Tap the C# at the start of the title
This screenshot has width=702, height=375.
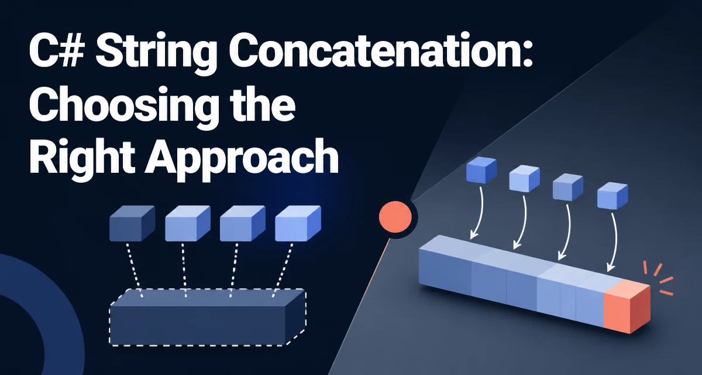click(57, 51)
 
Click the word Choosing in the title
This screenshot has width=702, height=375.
click(125, 107)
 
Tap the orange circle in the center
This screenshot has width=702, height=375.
click(395, 217)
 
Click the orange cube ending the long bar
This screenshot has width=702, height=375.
click(627, 306)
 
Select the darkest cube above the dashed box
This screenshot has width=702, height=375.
click(132, 223)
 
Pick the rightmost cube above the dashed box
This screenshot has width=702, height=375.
click(298, 223)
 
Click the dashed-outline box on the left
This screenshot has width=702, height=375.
click(208, 317)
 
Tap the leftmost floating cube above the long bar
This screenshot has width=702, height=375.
click(481, 170)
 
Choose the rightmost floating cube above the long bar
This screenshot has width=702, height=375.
click(612, 196)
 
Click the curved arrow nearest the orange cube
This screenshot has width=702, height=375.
click(614, 242)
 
